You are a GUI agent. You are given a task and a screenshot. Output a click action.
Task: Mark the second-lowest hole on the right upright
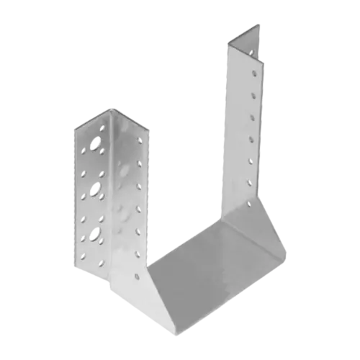[251, 161]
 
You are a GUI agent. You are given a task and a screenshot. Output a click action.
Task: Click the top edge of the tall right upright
[245, 32]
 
